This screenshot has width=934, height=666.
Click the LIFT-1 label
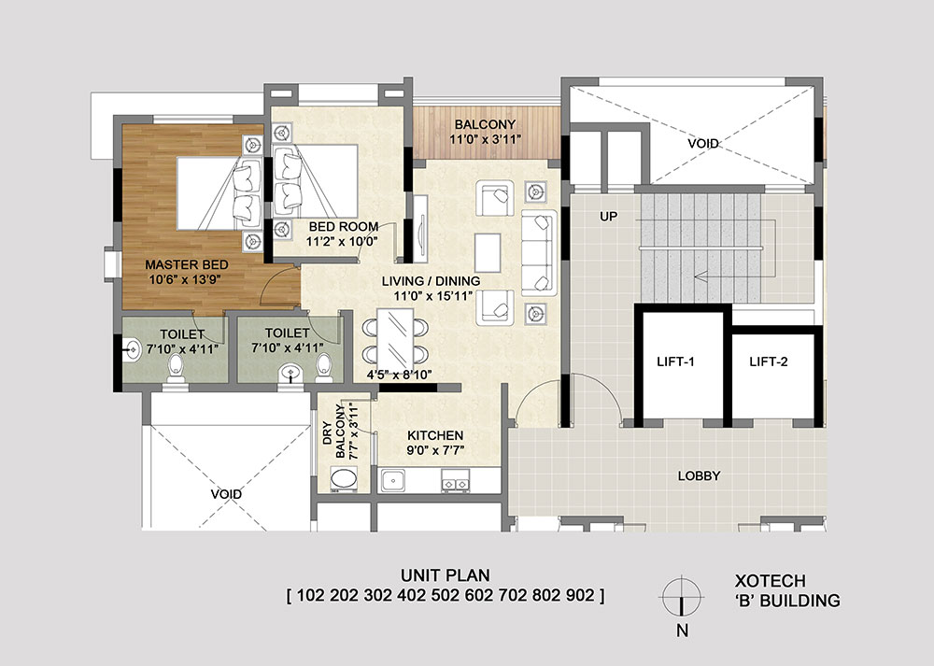click(x=675, y=361)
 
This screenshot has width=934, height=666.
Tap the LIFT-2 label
click(x=769, y=361)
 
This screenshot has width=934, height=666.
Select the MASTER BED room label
click(x=187, y=264)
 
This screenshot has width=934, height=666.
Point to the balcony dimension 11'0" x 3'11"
click(x=485, y=139)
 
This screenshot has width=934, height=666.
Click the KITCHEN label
click(x=435, y=435)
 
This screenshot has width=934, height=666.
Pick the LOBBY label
click(x=700, y=475)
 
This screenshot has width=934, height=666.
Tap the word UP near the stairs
click(x=608, y=217)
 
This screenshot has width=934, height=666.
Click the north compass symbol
click(x=682, y=596)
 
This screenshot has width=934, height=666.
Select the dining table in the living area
click(x=395, y=338)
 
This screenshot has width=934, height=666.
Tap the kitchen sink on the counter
click(x=393, y=480)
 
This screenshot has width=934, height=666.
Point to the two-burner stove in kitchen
click(x=455, y=480)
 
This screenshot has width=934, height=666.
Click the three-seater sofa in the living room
click(x=539, y=252)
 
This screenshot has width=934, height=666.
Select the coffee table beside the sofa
click(x=488, y=252)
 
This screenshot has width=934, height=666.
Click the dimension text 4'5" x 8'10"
click(x=399, y=375)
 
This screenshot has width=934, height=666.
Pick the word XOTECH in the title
click(x=771, y=581)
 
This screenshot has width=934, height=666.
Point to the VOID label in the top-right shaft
click(x=703, y=144)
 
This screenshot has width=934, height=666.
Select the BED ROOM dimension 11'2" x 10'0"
click(x=343, y=241)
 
